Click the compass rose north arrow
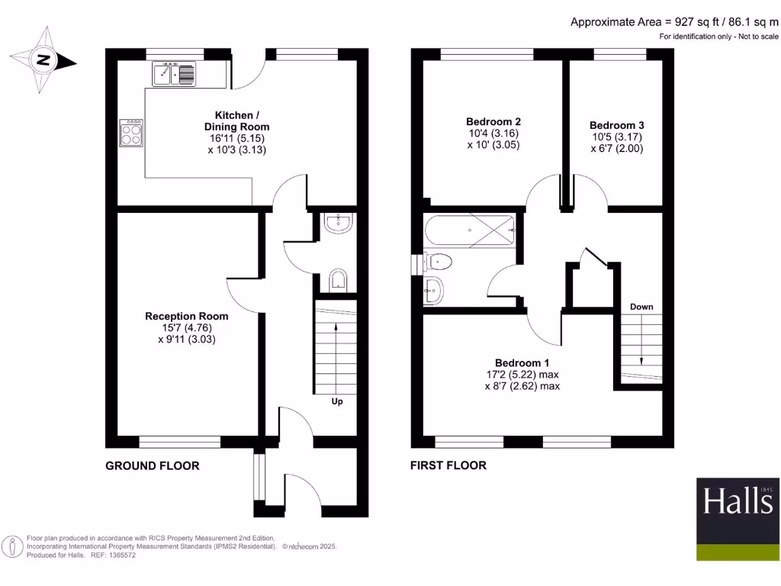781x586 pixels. (43, 60)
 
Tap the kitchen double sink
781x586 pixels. (174, 74)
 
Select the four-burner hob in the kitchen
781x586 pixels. (131, 134)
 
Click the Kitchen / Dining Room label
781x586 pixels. (236, 121)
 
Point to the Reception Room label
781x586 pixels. (186, 315)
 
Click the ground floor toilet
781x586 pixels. (337, 280)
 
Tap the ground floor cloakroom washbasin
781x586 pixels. (337, 222)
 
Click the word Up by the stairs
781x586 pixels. (336, 401)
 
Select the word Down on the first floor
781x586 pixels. (641, 307)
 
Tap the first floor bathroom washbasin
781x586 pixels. (433, 290)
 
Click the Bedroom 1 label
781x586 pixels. (522, 362)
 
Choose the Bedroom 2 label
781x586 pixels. (493, 121)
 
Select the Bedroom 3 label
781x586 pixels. (616, 125)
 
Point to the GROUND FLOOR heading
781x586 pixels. (152, 465)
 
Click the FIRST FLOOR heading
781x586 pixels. (448, 465)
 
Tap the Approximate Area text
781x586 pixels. (674, 22)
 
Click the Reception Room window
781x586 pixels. (172, 441)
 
